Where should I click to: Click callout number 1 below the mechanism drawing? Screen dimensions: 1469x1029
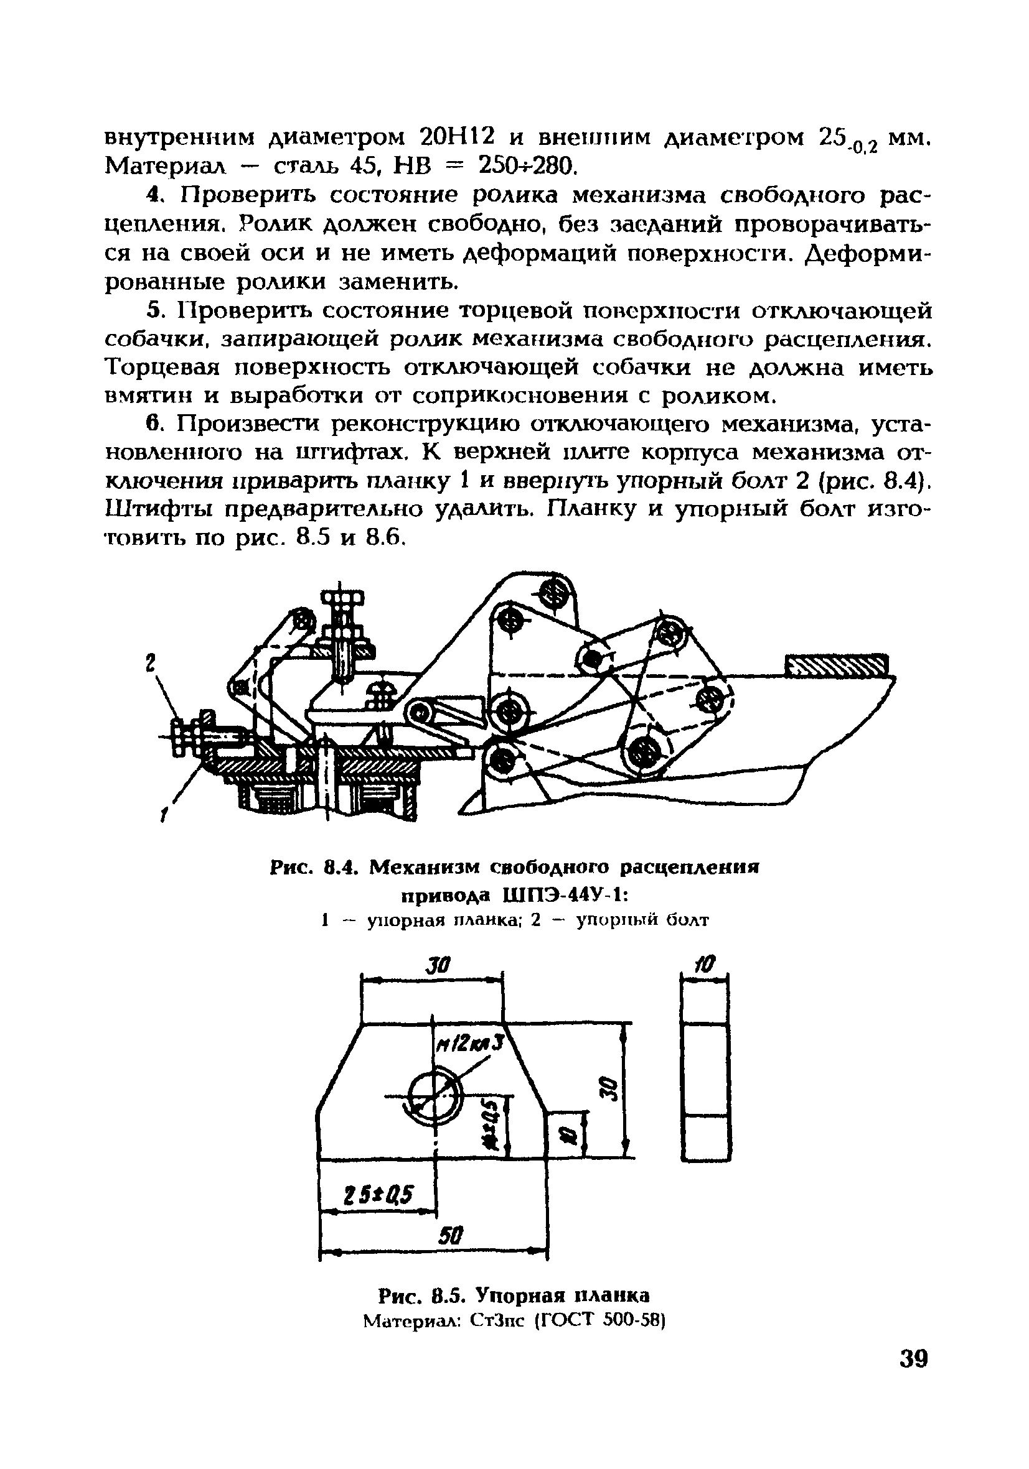click(x=164, y=815)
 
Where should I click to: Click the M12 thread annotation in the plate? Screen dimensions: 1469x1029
click(x=469, y=1047)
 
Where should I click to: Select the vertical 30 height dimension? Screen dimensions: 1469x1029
click(x=610, y=1087)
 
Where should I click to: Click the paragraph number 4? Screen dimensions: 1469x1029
click(x=153, y=195)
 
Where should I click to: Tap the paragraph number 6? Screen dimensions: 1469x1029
click(x=153, y=424)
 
